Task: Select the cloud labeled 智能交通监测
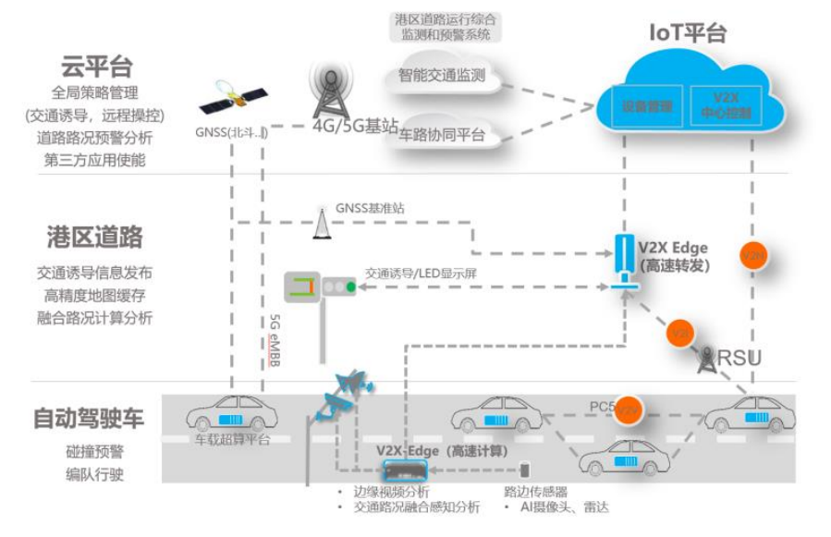442,76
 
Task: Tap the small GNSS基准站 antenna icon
321,223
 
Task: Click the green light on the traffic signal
351,287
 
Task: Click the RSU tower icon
708,359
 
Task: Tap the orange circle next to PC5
629,407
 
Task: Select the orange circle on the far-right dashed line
754,255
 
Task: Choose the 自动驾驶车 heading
89,418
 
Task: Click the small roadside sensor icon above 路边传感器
525,470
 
